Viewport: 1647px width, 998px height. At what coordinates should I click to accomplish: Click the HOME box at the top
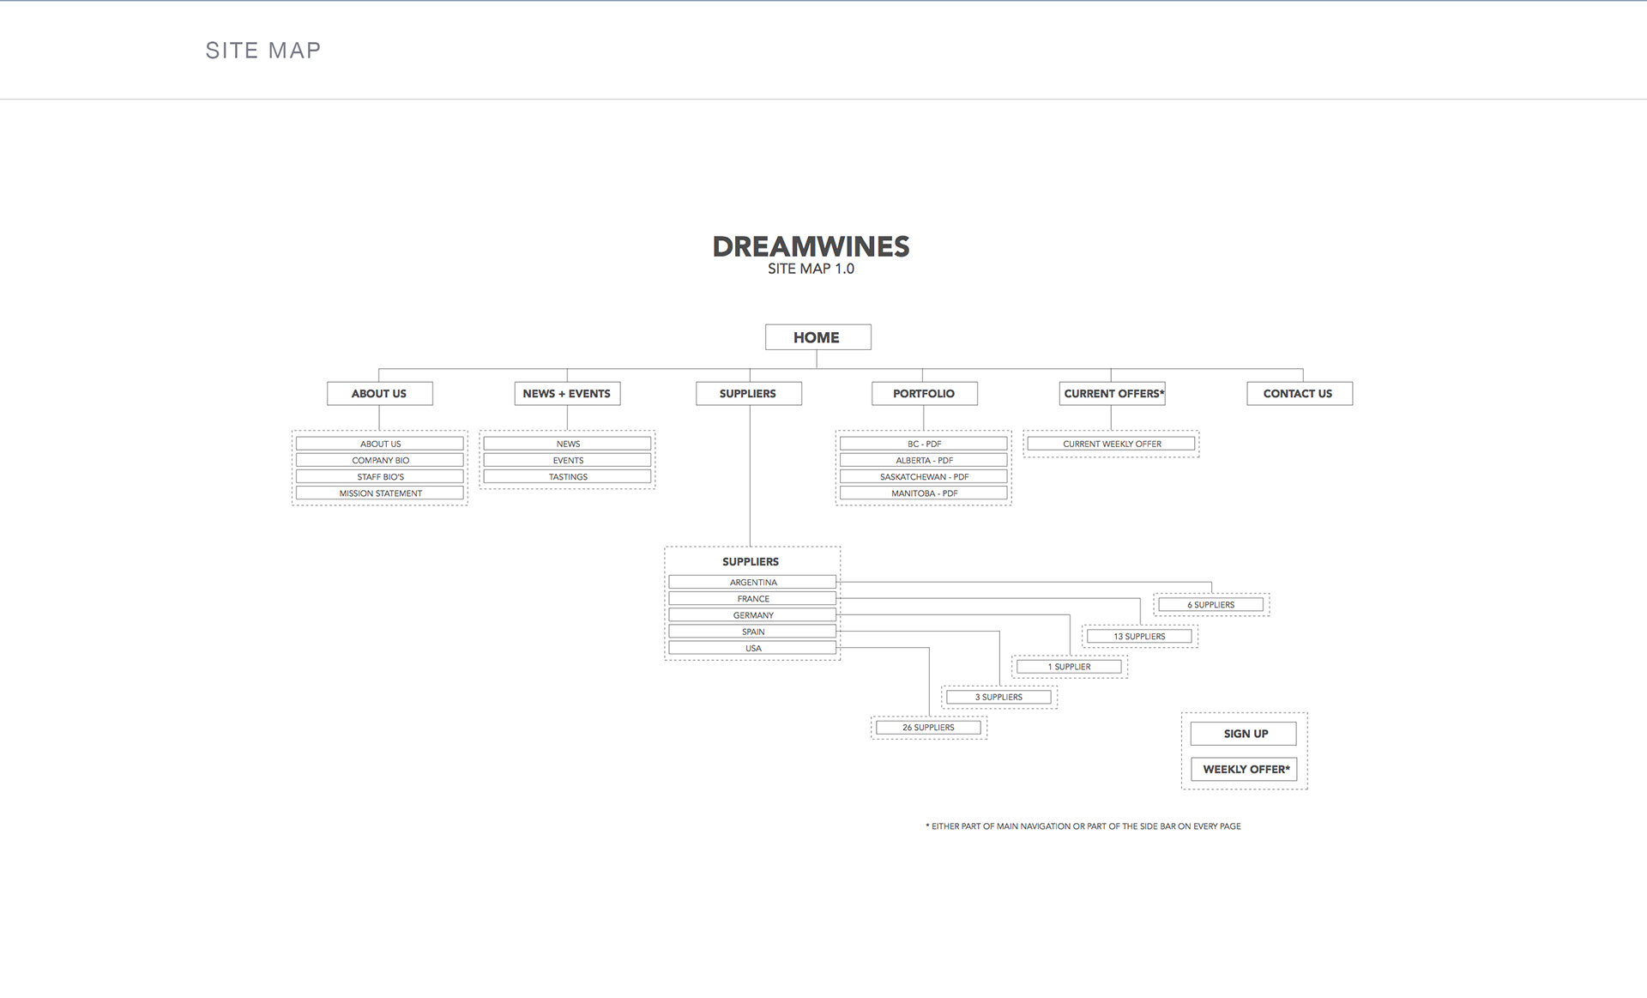(x=817, y=337)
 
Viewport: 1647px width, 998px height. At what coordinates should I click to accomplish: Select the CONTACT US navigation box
(x=1299, y=393)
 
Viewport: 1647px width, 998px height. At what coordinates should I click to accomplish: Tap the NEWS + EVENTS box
(x=566, y=393)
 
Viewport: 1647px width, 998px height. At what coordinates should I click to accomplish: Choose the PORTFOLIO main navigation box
(x=924, y=393)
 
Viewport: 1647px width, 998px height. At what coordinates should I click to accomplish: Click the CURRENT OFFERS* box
(x=1112, y=393)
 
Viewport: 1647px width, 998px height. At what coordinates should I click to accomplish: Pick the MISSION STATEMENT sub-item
(x=380, y=493)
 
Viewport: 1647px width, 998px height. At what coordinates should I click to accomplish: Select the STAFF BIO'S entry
(x=380, y=477)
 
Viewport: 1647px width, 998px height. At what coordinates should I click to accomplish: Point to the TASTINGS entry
(x=568, y=477)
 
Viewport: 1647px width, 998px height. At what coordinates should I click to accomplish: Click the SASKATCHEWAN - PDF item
(x=924, y=477)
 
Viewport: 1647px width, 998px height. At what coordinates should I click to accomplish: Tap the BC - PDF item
(x=924, y=444)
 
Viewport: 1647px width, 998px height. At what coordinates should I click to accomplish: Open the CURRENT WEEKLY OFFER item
(x=1112, y=444)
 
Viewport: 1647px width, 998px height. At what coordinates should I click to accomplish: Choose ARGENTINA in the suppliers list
(x=752, y=582)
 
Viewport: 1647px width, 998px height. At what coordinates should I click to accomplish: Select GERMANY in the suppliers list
(x=752, y=615)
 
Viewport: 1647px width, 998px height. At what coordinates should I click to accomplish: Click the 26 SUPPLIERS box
(x=928, y=728)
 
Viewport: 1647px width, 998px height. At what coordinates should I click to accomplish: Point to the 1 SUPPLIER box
(x=1069, y=667)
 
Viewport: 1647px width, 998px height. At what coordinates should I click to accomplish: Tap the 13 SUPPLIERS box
(x=1139, y=637)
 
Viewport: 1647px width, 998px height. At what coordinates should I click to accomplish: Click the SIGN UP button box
(x=1244, y=734)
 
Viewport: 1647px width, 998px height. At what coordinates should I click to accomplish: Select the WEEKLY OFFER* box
(x=1244, y=769)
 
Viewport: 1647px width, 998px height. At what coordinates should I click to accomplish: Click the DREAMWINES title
(x=811, y=247)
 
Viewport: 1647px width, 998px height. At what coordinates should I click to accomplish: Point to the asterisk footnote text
(x=1083, y=826)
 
